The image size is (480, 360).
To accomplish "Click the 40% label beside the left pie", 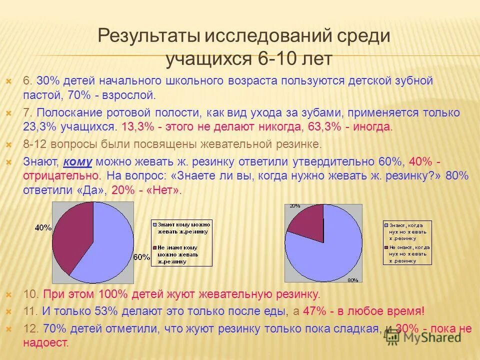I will click(43, 227).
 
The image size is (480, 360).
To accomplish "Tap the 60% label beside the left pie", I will click(141, 257).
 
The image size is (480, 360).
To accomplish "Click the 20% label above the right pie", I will click(294, 206).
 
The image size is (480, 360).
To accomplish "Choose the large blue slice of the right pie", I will click(330, 250).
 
